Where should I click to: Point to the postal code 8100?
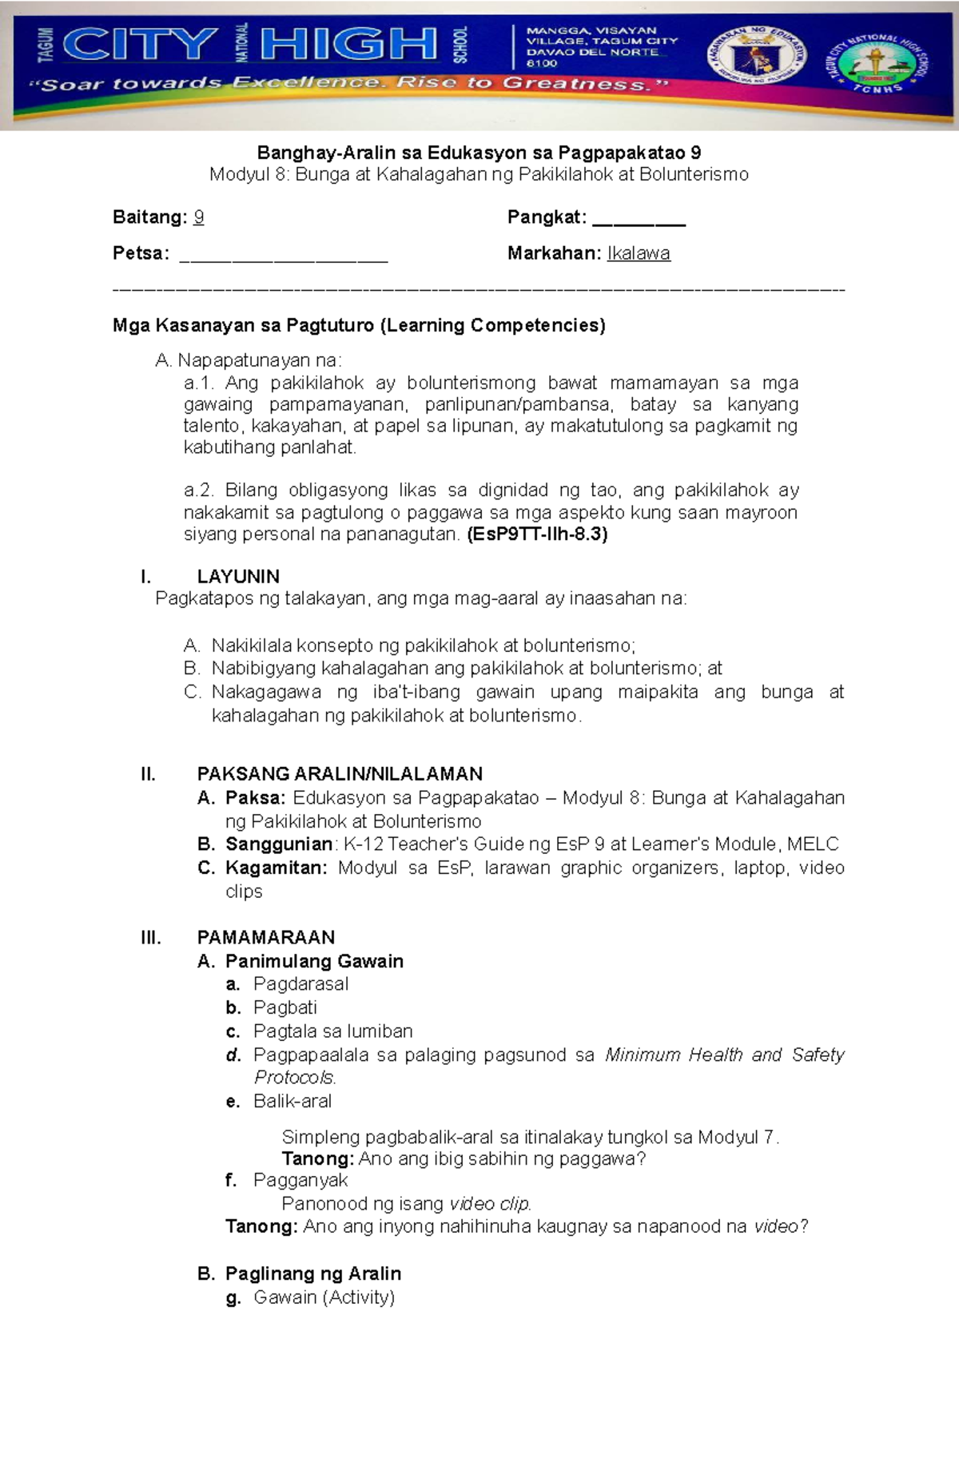click(542, 63)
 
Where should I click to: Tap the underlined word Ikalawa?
click(639, 253)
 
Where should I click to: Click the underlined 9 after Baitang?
click(199, 217)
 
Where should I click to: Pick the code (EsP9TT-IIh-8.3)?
click(537, 534)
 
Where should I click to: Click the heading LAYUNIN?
click(238, 576)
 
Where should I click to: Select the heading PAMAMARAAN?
click(266, 937)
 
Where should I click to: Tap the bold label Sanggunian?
click(279, 844)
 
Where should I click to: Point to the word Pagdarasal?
click(300, 984)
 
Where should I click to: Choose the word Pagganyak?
click(300, 1180)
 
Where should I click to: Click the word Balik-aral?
click(292, 1101)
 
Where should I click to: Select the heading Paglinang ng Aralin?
click(313, 1273)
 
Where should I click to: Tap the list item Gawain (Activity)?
click(324, 1297)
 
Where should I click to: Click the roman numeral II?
click(148, 773)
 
